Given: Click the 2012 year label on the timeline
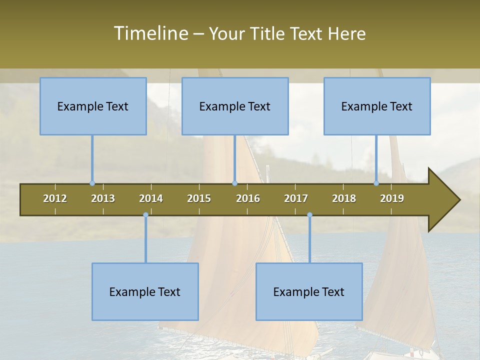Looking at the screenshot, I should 55,198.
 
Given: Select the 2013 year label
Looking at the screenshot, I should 103,198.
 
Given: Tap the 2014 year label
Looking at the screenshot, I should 151,198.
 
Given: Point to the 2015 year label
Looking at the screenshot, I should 199,198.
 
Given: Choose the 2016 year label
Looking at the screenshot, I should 248,198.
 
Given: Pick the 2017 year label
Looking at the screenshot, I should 296,198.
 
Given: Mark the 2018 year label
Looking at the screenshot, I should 344,198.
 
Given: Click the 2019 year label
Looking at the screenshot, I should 392,198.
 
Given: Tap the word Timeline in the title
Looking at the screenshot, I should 150,33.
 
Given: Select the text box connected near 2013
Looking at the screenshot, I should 93,106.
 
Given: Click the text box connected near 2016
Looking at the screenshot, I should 235,106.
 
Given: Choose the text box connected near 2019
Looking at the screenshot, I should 377,106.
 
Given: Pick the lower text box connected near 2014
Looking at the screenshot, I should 145,291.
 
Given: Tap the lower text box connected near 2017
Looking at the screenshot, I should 309,291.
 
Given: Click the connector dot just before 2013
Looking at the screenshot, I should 92,183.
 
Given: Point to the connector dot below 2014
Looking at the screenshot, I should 145,215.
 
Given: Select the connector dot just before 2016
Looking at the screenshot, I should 234,183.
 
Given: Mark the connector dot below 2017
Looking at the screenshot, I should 309,215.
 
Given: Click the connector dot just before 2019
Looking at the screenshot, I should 376,183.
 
